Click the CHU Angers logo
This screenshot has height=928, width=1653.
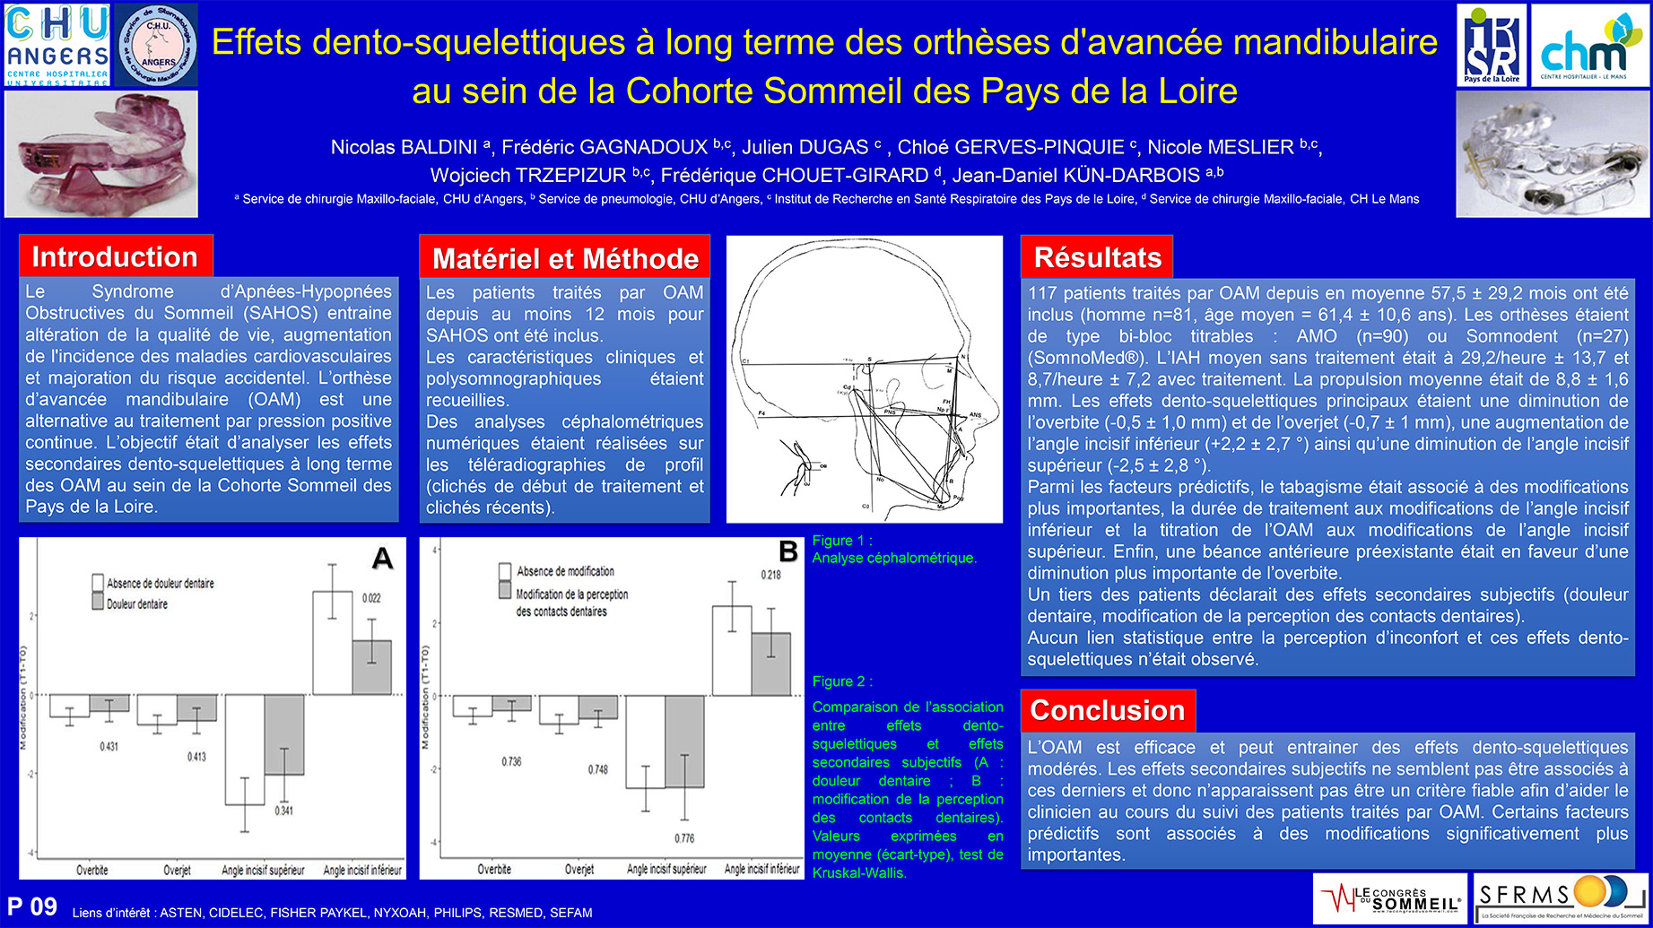pyautogui.click(x=57, y=45)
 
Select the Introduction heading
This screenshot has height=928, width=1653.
pyautogui.click(x=115, y=257)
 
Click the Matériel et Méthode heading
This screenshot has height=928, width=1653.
pyautogui.click(x=565, y=259)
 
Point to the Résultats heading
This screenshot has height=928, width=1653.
pyautogui.click(x=1097, y=258)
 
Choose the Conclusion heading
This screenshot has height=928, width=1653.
pyautogui.click(x=1108, y=711)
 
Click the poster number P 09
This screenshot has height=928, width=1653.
pyautogui.click(x=32, y=906)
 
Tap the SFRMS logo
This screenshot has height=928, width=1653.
pyautogui.click(x=1561, y=898)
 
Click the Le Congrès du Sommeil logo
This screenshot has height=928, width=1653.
pyautogui.click(x=1389, y=898)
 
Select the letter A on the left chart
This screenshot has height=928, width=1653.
pyautogui.click(x=382, y=559)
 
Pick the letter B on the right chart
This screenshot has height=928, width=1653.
pyautogui.click(x=788, y=551)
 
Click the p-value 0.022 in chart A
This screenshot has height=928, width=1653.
pyautogui.click(x=371, y=598)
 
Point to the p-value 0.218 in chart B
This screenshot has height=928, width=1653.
pyautogui.click(x=770, y=575)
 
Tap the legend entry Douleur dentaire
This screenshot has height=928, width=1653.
pyautogui.click(x=136, y=604)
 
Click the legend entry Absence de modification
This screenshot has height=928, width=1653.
pyautogui.click(x=565, y=571)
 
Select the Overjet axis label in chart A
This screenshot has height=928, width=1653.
pyautogui.click(x=177, y=870)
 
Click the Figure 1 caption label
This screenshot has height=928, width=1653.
pyautogui.click(x=842, y=541)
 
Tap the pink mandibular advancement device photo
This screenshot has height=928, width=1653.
pyautogui.click(x=101, y=153)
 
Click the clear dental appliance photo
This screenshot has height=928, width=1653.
pyautogui.click(x=1553, y=153)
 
